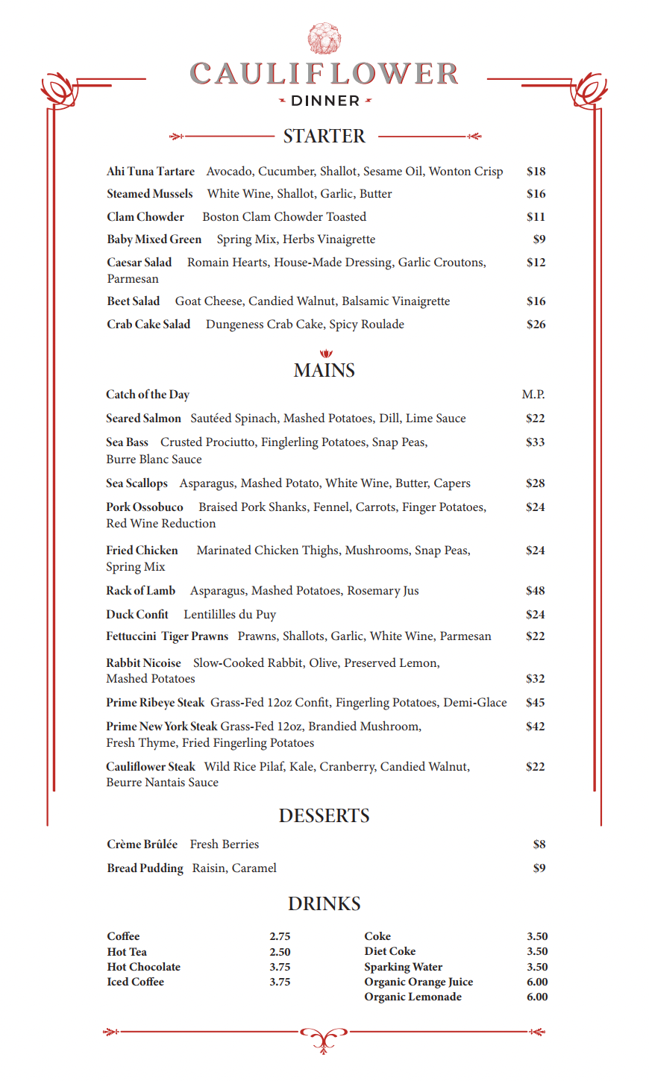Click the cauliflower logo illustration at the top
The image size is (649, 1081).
point(324,39)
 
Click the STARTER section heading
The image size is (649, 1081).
point(324,137)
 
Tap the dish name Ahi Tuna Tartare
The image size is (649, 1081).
point(151,172)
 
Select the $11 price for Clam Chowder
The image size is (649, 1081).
point(536,217)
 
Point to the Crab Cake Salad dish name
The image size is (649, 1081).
point(148,325)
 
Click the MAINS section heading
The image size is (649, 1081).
point(324,371)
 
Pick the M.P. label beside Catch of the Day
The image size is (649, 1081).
point(533,395)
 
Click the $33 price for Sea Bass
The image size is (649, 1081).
point(535,442)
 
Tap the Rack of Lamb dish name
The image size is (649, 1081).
point(141,591)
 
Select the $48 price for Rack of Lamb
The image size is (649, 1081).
point(535,591)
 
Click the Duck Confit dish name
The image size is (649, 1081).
point(137,615)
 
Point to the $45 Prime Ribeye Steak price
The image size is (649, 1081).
point(535,703)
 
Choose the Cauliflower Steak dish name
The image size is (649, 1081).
point(151,767)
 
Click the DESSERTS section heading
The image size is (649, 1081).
point(324,816)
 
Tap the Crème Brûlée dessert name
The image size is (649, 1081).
point(142,845)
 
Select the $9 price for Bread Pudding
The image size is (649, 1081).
point(539,868)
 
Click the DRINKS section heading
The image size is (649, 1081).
point(324,904)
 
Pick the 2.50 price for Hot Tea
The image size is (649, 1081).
point(280,952)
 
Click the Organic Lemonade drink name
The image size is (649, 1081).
point(413,997)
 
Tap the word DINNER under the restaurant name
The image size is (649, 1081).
point(325,101)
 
